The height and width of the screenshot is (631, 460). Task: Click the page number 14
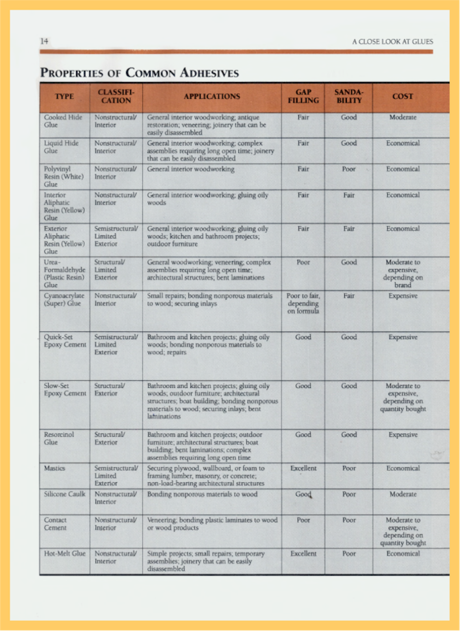[44, 41]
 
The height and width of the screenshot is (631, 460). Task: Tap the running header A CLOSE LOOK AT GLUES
[392, 42]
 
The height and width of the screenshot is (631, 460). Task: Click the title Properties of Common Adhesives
[139, 73]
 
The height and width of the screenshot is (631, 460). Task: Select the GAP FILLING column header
[303, 97]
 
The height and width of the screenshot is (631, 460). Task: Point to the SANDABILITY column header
[349, 97]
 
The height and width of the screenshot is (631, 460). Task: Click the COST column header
[402, 97]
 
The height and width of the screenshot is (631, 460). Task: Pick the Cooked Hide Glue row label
[63, 121]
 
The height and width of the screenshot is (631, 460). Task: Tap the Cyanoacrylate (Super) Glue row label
[64, 300]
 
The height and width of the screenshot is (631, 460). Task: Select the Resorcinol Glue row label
[59, 438]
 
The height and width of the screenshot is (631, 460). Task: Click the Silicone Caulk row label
[65, 494]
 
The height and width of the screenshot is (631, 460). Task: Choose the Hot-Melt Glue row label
[65, 554]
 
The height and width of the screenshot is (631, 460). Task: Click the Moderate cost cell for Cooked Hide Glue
[403, 117]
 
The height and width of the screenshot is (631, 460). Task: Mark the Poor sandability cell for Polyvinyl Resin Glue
[349, 169]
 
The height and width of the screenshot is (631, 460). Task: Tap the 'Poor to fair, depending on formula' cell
[303, 303]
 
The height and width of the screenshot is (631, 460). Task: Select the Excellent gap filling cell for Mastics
[303, 468]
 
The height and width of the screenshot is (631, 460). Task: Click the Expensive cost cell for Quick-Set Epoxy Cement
[403, 337]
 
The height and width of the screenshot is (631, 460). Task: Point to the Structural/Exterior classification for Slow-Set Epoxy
[109, 390]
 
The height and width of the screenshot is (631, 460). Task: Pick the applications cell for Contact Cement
[212, 524]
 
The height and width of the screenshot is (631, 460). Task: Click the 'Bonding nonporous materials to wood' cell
[202, 494]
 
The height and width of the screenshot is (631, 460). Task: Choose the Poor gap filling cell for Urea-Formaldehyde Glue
[303, 262]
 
